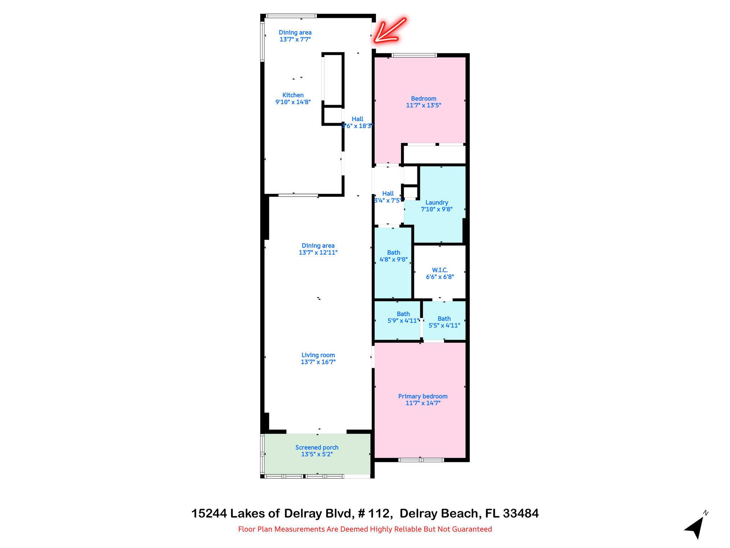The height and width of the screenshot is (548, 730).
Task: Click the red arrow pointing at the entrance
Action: click(x=390, y=31)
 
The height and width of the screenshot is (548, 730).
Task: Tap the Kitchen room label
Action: click(x=293, y=95)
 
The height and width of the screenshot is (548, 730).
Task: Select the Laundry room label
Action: click(x=437, y=203)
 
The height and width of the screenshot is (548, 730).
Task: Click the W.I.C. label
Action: click(x=440, y=270)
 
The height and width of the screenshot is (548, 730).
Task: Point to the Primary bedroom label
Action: click(x=423, y=396)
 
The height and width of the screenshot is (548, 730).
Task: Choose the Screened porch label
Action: click(x=317, y=448)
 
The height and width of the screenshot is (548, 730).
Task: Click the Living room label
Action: click(x=318, y=355)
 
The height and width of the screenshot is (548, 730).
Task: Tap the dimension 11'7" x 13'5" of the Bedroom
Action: click(x=423, y=106)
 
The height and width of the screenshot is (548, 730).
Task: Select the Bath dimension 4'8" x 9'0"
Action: click(x=394, y=260)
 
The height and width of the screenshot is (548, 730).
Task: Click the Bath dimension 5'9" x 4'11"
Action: click(x=403, y=321)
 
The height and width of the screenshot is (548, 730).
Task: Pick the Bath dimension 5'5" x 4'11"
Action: click(x=444, y=325)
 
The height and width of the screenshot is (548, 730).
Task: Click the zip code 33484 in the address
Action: click(x=521, y=514)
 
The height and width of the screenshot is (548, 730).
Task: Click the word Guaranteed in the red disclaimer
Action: click(x=472, y=529)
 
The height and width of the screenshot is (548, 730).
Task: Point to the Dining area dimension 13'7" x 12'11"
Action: click(x=318, y=253)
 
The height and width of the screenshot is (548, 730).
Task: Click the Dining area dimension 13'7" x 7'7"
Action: click(x=295, y=39)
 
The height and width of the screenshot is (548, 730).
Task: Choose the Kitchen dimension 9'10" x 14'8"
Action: click(x=293, y=102)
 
